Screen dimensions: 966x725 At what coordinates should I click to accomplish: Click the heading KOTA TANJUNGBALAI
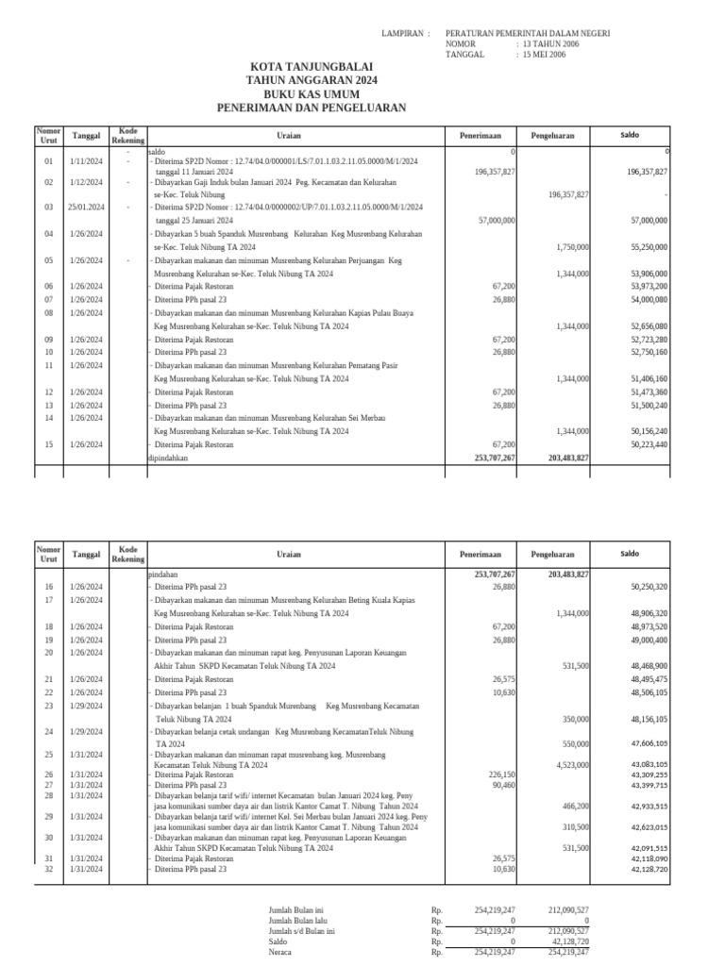tap(311, 68)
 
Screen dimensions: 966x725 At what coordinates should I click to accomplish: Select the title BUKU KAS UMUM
tap(311, 94)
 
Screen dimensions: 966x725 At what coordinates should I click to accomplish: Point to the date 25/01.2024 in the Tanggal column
tap(87, 207)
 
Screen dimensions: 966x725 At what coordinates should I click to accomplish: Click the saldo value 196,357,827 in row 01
tap(647, 173)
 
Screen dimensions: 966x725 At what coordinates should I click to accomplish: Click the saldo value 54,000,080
tap(647, 299)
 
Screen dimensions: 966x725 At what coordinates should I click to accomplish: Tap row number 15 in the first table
tap(49, 444)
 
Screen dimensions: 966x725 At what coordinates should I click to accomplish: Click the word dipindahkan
tap(169, 458)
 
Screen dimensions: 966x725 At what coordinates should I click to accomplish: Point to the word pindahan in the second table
tap(163, 574)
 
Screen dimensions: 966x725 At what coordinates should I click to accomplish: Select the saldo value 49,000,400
tap(647, 640)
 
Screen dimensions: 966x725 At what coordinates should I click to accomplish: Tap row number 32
tap(49, 869)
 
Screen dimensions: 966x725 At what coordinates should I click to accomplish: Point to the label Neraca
tap(280, 952)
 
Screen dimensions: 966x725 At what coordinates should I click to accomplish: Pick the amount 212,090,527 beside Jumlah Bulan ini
tap(568, 908)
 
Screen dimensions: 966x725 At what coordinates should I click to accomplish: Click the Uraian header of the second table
tap(295, 555)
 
